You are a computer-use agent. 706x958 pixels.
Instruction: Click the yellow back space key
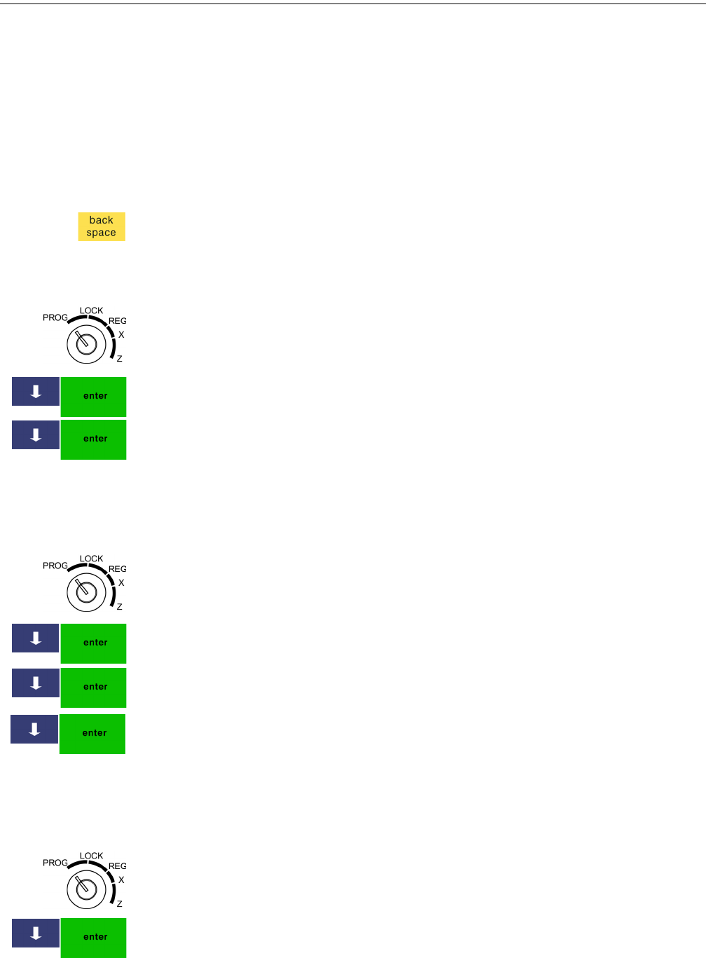(102, 226)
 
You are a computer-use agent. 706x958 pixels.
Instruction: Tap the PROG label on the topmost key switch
(55, 317)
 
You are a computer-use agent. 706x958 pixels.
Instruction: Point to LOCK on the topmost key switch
(91, 310)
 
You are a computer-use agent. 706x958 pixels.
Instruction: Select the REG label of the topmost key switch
(117, 321)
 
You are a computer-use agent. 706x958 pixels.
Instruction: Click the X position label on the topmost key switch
(121, 335)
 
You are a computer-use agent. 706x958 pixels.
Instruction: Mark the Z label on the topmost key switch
(120, 359)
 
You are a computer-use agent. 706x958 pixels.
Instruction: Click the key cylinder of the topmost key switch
(86, 344)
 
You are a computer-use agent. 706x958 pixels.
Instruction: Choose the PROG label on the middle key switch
(55, 566)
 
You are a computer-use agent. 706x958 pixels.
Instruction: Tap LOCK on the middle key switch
(91, 559)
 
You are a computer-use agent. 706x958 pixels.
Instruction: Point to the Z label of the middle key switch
(120, 607)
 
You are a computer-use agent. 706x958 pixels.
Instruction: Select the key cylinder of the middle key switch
(86, 592)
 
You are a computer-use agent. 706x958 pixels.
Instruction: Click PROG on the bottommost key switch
(55, 863)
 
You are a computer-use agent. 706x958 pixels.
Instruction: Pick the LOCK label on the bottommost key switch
(91, 856)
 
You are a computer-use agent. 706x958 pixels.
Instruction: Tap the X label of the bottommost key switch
(121, 880)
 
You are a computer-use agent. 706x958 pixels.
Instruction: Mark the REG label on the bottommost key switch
(117, 866)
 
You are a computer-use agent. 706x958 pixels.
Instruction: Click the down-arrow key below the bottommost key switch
(36, 933)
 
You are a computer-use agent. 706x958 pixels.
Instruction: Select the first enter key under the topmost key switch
(94, 397)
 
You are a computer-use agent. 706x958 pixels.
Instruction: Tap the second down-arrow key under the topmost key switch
(36, 435)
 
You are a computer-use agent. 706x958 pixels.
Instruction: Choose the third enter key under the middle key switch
(92, 734)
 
